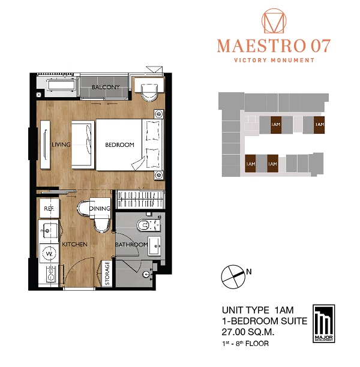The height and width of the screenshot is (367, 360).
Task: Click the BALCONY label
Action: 106,87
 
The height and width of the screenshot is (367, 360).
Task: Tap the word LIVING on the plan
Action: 61,145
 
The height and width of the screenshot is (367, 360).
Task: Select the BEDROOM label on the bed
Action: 119,145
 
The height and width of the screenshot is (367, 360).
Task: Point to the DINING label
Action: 100,208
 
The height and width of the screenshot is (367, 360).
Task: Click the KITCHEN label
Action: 74,244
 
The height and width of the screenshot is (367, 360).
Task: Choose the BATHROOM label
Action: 131,245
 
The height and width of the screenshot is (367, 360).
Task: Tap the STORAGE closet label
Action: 107,273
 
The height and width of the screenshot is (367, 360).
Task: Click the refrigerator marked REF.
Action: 49,208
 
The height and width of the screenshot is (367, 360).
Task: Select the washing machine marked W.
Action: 49,253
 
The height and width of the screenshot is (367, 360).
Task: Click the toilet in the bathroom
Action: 148,225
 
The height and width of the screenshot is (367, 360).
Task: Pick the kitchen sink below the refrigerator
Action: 49,231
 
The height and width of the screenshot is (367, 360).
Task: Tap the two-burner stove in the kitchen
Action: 50,274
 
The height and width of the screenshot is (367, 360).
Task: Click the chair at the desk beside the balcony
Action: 149,93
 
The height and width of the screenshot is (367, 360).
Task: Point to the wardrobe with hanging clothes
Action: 140,199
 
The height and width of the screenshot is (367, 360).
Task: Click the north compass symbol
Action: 233,276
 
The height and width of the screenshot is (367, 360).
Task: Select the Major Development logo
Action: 324,324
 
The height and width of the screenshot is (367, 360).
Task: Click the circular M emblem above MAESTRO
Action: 274,21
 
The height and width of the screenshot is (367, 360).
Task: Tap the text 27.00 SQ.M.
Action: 248,332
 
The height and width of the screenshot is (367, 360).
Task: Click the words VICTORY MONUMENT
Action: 274,60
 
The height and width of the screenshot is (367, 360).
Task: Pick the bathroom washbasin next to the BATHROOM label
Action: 155,246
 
